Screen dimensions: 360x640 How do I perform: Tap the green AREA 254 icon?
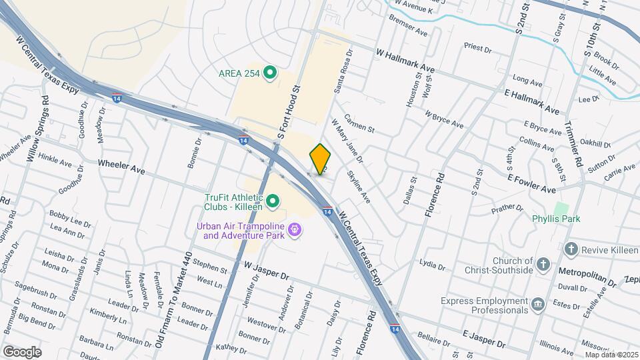[270, 73]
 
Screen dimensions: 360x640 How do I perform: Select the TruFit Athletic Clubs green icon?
[273, 201]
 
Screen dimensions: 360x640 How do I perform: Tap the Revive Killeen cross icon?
[571, 250]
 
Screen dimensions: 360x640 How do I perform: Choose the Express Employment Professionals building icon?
[537, 305]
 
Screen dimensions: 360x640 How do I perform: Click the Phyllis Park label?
[555, 219]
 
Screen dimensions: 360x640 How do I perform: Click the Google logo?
[21, 351]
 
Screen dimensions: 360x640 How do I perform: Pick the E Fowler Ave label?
[531, 185]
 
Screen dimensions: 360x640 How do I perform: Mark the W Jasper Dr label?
[267, 271]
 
